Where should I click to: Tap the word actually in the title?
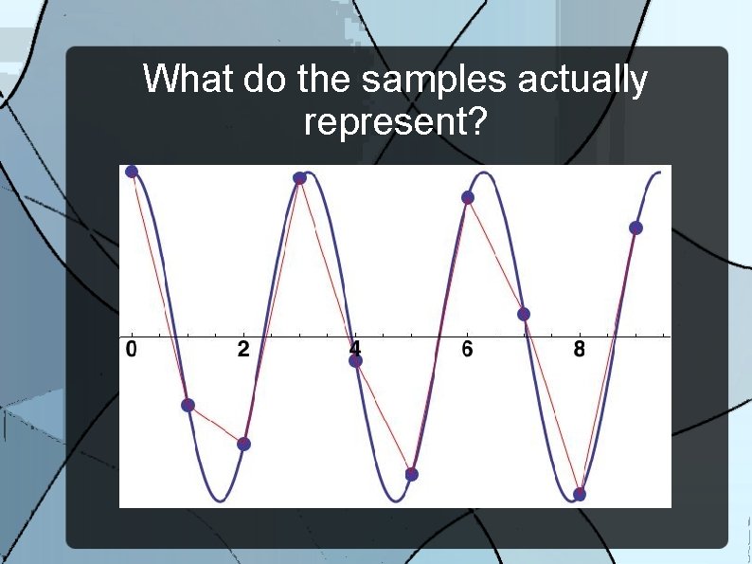click(x=582, y=82)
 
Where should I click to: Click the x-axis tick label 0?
click(x=131, y=350)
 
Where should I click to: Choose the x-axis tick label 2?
click(x=243, y=350)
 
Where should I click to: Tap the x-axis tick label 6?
click(x=467, y=350)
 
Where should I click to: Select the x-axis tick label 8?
click(x=579, y=350)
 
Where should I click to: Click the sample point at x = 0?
click(x=132, y=172)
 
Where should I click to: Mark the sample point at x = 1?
click(x=188, y=405)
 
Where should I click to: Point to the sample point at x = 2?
click(x=243, y=444)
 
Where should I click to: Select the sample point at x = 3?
click(x=299, y=178)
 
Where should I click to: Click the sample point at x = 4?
click(x=355, y=360)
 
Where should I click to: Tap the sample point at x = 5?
click(x=411, y=473)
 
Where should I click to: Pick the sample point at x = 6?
click(x=467, y=197)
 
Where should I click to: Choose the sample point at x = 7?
click(x=524, y=314)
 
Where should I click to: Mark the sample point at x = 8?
click(x=580, y=494)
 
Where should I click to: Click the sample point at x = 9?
click(x=636, y=227)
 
